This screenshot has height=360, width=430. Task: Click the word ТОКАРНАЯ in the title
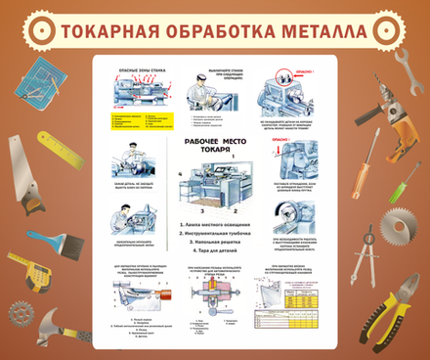point(110,31)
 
